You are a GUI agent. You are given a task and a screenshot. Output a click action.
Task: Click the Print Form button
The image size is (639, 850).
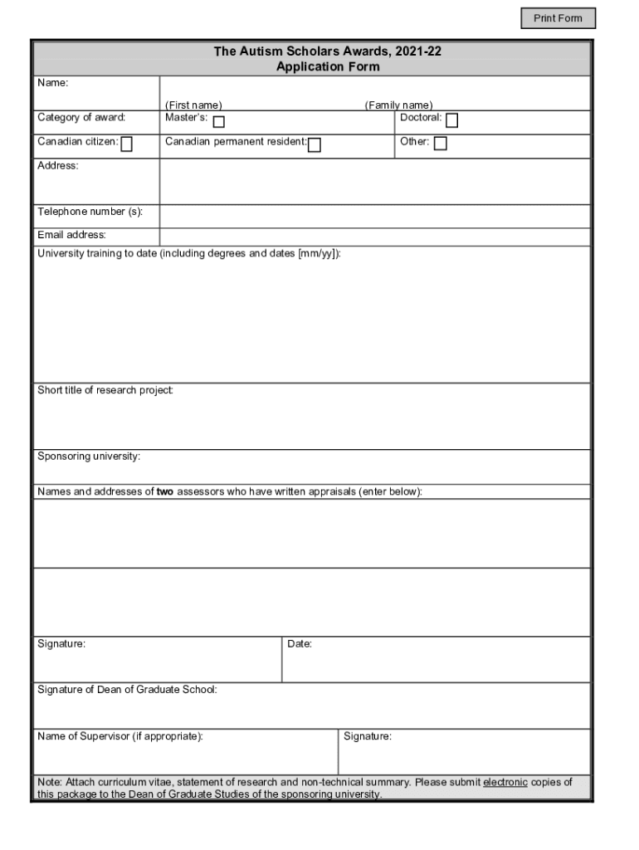[x=558, y=18]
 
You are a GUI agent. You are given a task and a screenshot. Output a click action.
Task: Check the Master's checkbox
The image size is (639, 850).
[x=218, y=122]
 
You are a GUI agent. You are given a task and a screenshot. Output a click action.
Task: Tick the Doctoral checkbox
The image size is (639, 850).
[x=451, y=121]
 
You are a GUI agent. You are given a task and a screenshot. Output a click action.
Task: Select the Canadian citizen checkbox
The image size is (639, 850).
[x=127, y=144]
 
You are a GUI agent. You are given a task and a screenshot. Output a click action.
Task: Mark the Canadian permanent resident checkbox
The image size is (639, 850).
[x=315, y=145]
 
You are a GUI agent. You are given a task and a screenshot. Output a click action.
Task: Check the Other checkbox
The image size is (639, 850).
[x=440, y=144]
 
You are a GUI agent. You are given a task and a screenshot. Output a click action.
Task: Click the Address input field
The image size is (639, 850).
[x=374, y=181]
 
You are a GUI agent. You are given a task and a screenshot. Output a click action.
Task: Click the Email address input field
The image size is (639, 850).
[x=374, y=237]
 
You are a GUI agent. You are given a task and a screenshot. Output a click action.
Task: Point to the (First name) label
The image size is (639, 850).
[x=193, y=105]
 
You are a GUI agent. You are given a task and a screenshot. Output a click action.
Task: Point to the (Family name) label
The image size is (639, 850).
[x=398, y=105]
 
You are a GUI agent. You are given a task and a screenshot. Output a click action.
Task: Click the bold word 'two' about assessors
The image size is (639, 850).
[x=165, y=491]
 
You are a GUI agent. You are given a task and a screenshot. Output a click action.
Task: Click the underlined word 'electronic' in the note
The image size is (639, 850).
[x=505, y=782]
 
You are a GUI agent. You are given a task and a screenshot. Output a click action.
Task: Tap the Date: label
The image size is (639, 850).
[x=300, y=644]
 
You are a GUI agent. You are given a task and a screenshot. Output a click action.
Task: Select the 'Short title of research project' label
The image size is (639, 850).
[x=105, y=390]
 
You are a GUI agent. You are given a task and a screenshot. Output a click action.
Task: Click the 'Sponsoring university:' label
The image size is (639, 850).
[x=89, y=457]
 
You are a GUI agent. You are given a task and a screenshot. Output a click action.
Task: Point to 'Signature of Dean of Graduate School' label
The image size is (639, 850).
[x=127, y=690]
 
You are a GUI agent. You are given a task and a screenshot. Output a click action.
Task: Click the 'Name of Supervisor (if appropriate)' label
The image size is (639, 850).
[x=120, y=736]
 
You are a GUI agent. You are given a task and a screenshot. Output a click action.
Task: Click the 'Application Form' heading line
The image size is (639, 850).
[x=328, y=66]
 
